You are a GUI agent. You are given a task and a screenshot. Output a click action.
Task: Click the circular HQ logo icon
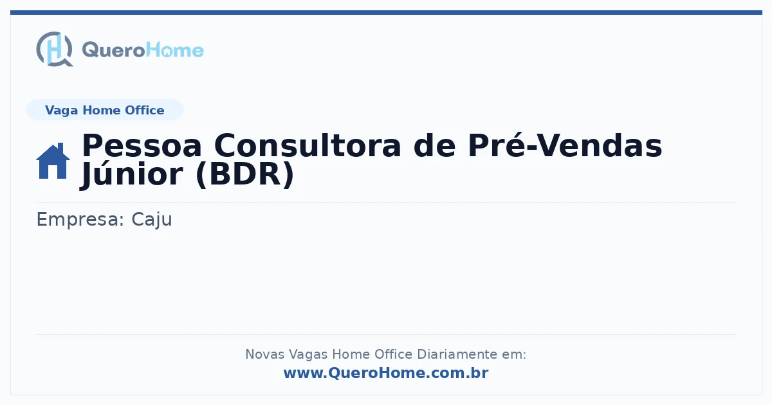[x=55, y=49]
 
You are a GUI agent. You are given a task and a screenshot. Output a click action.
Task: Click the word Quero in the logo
[x=113, y=50]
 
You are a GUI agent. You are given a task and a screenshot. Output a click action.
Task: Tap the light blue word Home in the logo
[x=175, y=50]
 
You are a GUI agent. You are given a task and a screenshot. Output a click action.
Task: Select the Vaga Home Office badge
[x=105, y=110]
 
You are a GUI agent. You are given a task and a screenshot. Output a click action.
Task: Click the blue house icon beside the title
[x=53, y=161]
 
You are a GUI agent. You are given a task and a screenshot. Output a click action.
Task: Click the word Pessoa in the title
[x=142, y=146]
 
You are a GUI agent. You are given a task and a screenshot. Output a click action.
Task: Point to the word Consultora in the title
[x=308, y=146]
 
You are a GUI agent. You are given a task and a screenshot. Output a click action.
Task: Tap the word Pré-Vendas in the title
[x=565, y=145]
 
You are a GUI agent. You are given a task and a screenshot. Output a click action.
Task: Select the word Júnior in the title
[x=131, y=174]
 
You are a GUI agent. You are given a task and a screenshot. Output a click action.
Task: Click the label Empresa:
[x=80, y=219]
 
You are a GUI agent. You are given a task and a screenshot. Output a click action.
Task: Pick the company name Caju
[x=152, y=219]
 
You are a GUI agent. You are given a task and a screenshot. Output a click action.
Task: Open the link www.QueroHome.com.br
[x=386, y=373]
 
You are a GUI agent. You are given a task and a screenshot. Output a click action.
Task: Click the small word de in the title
[x=435, y=146]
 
